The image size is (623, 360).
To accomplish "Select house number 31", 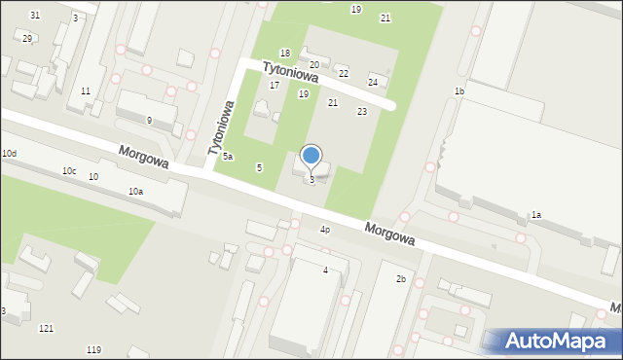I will click(35, 16).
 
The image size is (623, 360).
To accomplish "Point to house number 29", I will click(27, 38).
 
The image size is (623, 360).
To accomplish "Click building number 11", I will click(86, 90).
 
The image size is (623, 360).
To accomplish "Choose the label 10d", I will click(9, 154).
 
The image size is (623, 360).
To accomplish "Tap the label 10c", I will click(69, 171).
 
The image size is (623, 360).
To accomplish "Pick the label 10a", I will click(135, 192).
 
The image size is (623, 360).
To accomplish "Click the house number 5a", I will click(227, 157).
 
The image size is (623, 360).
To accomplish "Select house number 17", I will click(275, 86).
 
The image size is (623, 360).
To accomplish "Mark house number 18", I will click(285, 53).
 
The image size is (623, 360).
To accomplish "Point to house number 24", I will click(373, 82).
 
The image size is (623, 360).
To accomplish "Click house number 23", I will click(362, 112).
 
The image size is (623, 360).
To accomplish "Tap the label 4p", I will click(325, 230).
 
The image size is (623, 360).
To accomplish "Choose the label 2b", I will click(400, 279).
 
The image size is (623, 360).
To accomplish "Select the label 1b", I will click(458, 91).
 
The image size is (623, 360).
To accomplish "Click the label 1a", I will click(535, 215).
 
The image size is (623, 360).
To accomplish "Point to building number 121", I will click(46, 329).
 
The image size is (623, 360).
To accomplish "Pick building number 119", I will click(93, 349).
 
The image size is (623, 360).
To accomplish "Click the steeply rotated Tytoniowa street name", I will click(219, 127).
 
